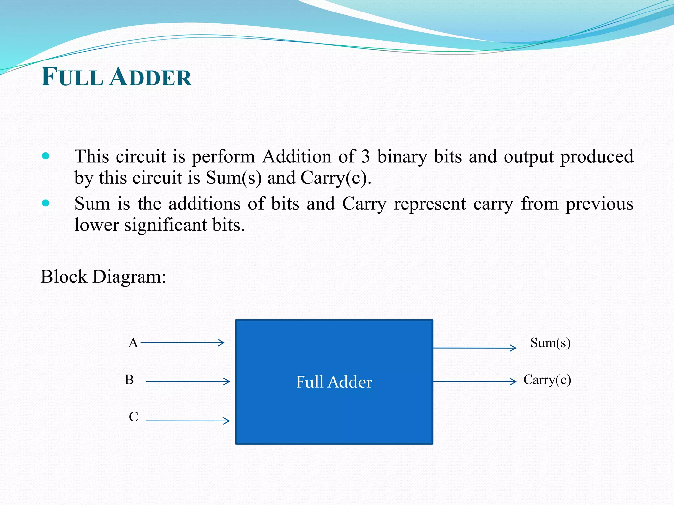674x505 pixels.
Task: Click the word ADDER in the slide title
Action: [x=150, y=77]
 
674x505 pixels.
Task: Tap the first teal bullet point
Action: [x=46, y=156]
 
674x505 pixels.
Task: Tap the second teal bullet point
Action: [x=46, y=203]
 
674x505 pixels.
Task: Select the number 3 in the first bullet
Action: [x=365, y=156]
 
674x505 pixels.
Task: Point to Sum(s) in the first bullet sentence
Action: [x=234, y=178]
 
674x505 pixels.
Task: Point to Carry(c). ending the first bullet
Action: [x=336, y=178]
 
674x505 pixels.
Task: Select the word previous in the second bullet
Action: [x=599, y=204]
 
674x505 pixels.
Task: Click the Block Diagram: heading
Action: [x=103, y=277]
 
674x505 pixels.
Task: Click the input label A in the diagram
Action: [x=133, y=343]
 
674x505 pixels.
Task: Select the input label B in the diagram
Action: [x=129, y=380]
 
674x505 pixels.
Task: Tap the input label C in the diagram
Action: [x=133, y=417]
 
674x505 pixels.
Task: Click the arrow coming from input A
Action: [x=182, y=343]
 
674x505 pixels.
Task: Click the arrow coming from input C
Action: [x=188, y=421]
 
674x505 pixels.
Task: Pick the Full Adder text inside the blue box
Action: [x=334, y=382]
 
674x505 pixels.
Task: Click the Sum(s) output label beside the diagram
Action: [x=550, y=343]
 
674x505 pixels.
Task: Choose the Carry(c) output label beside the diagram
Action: [x=547, y=380]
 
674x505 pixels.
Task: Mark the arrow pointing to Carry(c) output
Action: [x=475, y=381]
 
